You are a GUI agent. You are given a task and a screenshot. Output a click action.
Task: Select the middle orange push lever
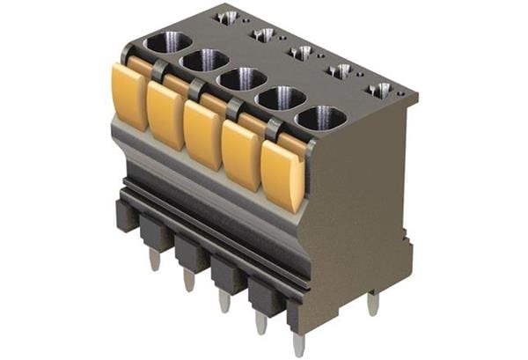click(x=202, y=135)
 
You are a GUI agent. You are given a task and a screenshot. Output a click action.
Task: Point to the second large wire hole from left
click(x=205, y=61)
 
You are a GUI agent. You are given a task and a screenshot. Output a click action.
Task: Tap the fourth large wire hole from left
click(x=281, y=98)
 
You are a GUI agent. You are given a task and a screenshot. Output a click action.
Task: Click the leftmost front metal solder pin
click(x=155, y=259)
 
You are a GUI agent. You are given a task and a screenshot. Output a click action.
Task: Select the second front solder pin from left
click(x=189, y=279)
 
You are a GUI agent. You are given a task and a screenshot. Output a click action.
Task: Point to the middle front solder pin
click(x=225, y=300)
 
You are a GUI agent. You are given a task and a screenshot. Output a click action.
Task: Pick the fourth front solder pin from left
click(x=261, y=322)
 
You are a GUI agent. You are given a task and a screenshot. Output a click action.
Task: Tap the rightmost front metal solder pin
click(x=299, y=345)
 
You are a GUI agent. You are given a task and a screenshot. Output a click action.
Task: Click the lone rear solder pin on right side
click(x=373, y=304)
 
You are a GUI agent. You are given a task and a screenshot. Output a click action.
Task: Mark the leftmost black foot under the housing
click(x=125, y=214)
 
